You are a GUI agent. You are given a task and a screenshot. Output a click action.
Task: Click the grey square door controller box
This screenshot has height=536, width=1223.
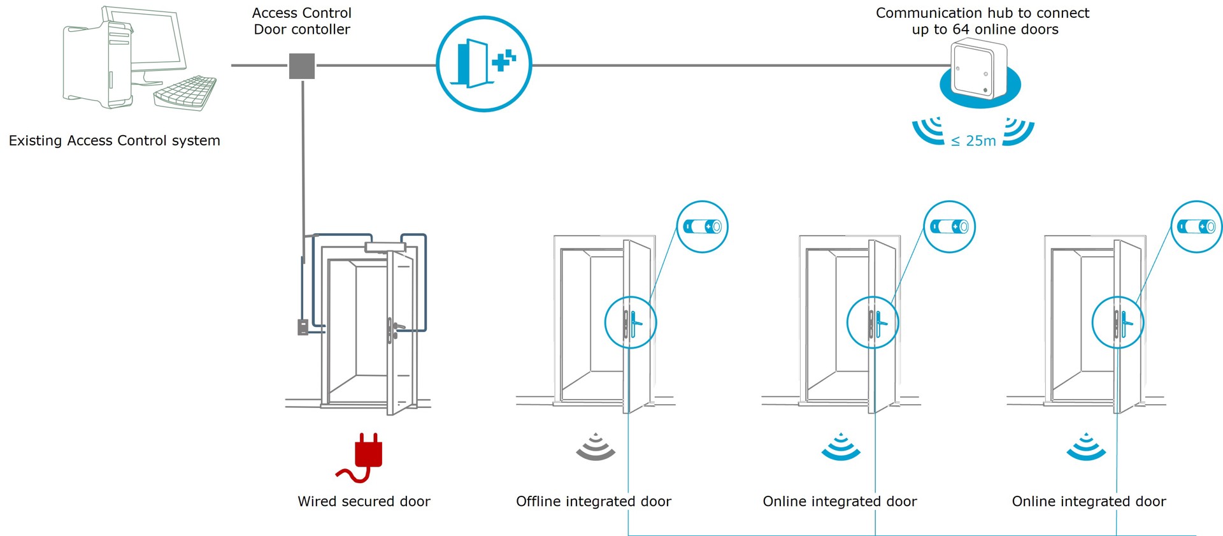pyautogui.click(x=302, y=66)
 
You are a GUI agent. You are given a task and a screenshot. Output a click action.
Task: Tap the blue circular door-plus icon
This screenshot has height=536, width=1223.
pyautogui.click(x=484, y=64)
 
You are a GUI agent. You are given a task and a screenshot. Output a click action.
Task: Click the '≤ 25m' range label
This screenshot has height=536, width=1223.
pyautogui.click(x=973, y=141)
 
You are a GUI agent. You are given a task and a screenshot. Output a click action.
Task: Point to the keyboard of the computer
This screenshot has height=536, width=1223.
pyautogui.click(x=185, y=93)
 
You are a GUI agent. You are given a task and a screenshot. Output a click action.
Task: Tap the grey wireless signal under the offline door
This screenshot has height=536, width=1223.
pyautogui.click(x=596, y=447)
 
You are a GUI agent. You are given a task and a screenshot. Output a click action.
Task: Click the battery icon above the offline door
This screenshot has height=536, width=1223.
pyautogui.click(x=702, y=227)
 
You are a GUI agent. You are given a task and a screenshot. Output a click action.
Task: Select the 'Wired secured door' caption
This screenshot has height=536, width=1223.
pyautogui.click(x=364, y=502)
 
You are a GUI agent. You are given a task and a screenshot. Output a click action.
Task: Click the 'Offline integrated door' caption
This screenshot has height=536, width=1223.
pyautogui.click(x=593, y=502)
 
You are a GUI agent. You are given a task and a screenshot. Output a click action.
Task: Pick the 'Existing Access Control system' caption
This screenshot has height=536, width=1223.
pyautogui.click(x=115, y=141)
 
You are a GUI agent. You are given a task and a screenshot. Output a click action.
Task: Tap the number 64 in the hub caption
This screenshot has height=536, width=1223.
pyautogui.click(x=961, y=29)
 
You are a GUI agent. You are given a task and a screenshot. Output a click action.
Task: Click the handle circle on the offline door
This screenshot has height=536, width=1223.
pyautogui.click(x=630, y=322)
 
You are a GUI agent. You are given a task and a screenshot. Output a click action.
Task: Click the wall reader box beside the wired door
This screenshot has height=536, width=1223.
pyautogui.click(x=303, y=327)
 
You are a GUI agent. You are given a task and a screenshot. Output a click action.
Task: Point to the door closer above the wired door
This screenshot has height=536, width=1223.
pyautogui.click(x=385, y=247)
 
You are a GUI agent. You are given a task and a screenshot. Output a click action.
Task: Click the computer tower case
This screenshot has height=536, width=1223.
pyautogui.click(x=96, y=64)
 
